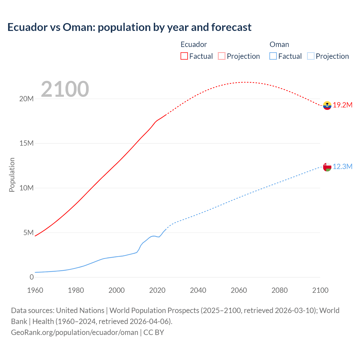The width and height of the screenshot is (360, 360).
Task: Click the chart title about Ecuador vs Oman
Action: pos(129,27)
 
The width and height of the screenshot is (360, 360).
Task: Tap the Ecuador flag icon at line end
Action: pos(327,105)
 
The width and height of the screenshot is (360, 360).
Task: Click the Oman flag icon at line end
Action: pos(327,167)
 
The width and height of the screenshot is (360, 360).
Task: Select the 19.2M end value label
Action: pos(343,105)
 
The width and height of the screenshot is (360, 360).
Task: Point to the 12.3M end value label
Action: pos(343,167)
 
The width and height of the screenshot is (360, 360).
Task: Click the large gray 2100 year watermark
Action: pos(65,89)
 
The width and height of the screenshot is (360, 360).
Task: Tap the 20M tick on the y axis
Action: pos(26,99)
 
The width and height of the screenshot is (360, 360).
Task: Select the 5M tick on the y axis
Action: pos(28,233)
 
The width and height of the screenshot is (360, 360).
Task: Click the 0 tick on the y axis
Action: pos(31,277)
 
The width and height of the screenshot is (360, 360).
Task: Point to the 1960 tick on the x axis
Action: pos(35,290)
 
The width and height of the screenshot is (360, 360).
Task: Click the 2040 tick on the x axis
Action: pos(198,290)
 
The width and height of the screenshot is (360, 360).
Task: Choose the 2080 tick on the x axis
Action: pos(280,290)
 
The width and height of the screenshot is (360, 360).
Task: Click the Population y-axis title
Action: pos(12,175)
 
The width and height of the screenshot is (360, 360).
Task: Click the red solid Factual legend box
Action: pos(184,56)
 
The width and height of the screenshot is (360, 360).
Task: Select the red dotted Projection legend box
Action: pos(222,56)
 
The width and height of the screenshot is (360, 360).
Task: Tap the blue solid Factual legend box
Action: pos(273,56)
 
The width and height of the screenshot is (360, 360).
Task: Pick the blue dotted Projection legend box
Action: pos(311,56)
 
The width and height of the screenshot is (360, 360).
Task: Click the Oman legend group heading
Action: pos(279,44)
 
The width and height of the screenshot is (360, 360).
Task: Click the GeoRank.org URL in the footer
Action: pos(75,332)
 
